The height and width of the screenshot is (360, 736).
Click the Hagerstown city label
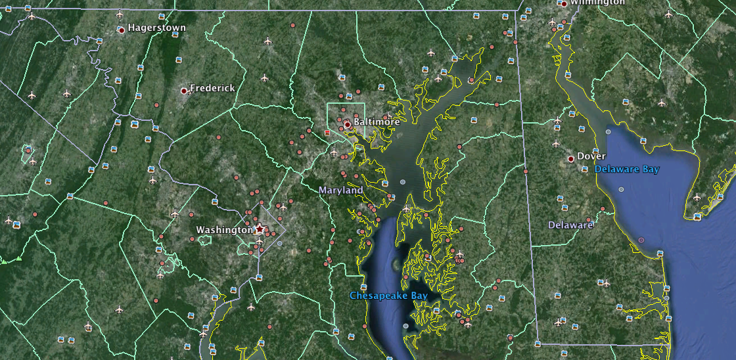click(x=157, y=28)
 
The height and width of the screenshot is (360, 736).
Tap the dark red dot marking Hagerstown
click(x=122, y=30)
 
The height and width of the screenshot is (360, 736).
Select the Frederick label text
click(x=212, y=88)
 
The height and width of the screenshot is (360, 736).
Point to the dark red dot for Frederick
click(x=184, y=90)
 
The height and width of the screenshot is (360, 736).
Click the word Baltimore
click(x=377, y=122)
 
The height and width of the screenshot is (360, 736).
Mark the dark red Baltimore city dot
click(x=347, y=124)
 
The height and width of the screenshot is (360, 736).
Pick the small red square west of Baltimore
click(x=327, y=133)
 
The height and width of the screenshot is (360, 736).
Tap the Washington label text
click(x=224, y=231)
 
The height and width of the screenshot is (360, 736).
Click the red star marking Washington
click(x=260, y=229)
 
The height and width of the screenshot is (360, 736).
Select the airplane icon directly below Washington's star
click(x=260, y=241)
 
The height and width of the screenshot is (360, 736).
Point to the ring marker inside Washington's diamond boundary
click(x=279, y=244)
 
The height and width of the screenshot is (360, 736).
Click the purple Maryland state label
click(x=340, y=191)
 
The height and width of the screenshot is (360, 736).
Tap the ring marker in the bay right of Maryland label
click(x=403, y=182)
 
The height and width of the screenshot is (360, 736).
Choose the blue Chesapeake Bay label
click(x=388, y=296)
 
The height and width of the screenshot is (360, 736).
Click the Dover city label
click(x=591, y=156)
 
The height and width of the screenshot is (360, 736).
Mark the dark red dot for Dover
click(x=571, y=159)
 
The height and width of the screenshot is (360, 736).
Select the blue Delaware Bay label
click(x=627, y=169)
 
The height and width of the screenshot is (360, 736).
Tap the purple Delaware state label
click(x=570, y=225)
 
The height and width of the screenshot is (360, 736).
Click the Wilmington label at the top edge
click(x=597, y=3)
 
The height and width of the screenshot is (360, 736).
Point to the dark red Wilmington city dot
click(x=564, y=4)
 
